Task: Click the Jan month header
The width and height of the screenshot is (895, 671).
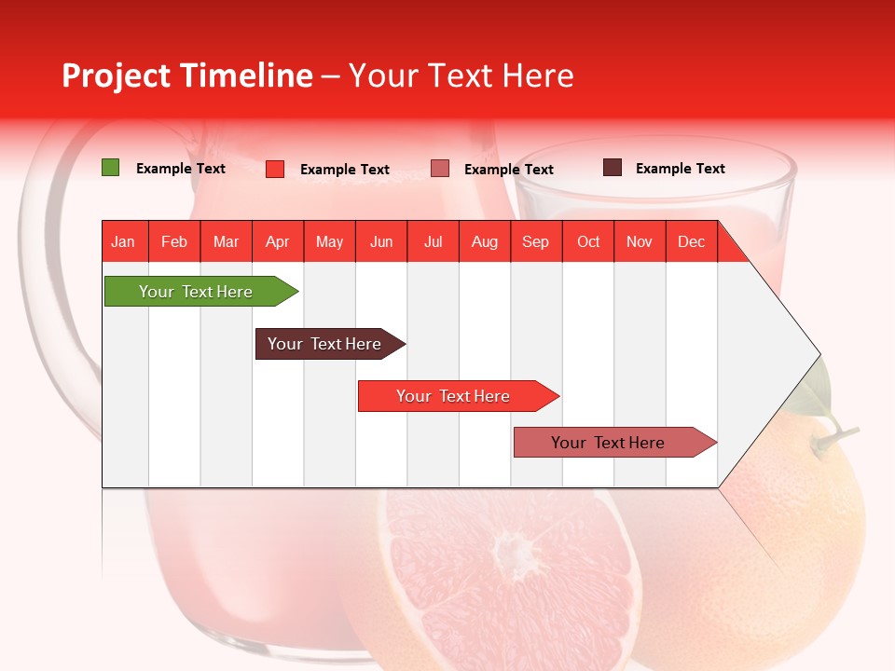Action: [123, 241]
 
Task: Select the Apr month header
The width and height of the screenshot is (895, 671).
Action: [278, 241]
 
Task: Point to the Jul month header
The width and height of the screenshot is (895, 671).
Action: [433, 241]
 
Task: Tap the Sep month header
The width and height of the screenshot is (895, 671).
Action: [536, 241]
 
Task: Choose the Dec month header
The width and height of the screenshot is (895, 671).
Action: [691, 241]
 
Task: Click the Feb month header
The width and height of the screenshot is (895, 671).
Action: [174, 241]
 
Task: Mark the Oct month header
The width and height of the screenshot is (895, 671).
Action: [588, 241]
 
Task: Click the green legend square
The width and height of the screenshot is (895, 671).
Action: [111, 168]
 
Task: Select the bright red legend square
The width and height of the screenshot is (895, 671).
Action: [275, 169]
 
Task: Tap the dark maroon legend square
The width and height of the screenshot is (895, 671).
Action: [613, 168]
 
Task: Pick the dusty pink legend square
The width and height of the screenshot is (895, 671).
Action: [440, 169]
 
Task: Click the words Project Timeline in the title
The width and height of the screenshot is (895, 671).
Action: [186, 75]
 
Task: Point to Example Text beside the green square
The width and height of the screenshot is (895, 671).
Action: [181, 169]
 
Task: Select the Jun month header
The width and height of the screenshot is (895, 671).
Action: [381, 241]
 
